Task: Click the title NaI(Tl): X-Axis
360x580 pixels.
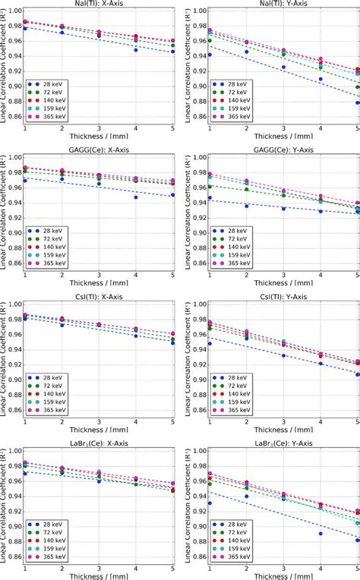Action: coord(99,4)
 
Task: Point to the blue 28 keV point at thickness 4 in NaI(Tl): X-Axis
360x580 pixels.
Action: coord(136,49)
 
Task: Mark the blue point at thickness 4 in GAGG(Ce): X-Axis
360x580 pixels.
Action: coord(136,197)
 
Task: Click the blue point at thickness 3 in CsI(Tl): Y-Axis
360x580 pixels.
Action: coord(283,355)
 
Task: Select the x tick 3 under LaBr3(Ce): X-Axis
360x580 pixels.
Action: coord(99,567)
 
